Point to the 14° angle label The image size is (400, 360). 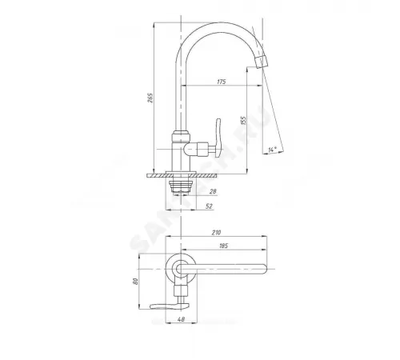[x=274, y=149]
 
